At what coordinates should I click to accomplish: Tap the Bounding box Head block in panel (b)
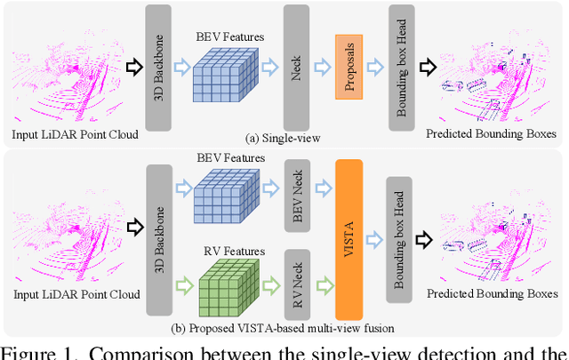tap(401, 237)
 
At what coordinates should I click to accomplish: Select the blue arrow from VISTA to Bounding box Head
tap(375, 236)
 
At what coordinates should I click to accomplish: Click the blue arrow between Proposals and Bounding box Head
tap(376, 64)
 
